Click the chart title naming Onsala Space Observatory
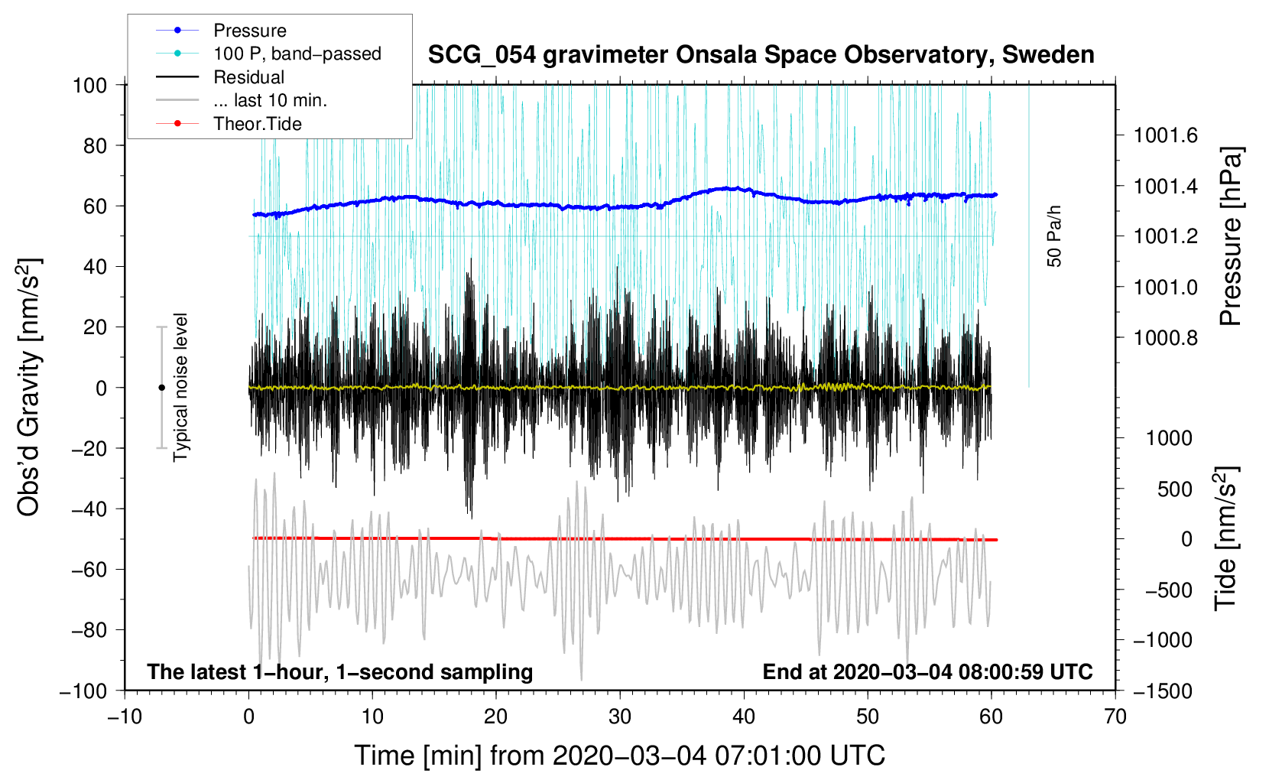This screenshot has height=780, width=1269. (761, 55)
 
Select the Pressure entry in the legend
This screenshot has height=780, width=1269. (249, 31)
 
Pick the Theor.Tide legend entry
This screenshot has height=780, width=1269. (257, 124)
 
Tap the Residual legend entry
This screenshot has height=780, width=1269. (248, 77)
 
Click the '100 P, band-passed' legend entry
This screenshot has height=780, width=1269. (297, 54)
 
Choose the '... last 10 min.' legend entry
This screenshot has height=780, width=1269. (270, 100)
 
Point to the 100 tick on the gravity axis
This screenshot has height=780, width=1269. (89, 85)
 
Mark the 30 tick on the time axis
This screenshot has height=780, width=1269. (620, 717)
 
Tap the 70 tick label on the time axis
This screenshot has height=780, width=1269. (1115, 717)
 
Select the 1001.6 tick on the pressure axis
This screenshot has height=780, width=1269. (1166, 136)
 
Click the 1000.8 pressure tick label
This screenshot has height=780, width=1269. (1166, 338)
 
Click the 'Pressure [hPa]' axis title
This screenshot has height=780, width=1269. (1230, 237)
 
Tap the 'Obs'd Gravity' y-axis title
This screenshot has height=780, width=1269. (29, 388)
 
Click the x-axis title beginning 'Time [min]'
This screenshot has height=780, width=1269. (619, 756)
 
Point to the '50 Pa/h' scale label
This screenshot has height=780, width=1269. (1055, 236)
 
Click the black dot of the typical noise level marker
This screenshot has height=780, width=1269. (161, 388)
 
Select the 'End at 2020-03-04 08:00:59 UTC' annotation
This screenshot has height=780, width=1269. (927, 671)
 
